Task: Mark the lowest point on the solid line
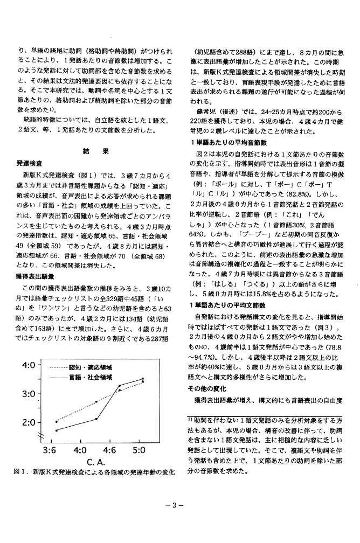[x=56, y=430]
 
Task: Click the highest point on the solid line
[x=143, y=378]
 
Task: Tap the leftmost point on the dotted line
[x=56, y=422]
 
